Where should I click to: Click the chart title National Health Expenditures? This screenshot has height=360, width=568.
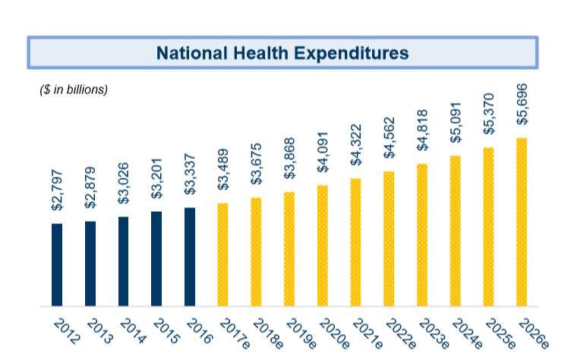coord(282,52)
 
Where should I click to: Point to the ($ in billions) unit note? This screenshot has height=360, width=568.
coord(74,90)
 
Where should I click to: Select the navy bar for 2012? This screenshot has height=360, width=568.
coord(57,265)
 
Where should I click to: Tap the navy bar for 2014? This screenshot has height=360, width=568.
coord(123,261)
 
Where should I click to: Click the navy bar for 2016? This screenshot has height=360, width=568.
coord(190,257)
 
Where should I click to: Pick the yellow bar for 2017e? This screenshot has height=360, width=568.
coord(222,254)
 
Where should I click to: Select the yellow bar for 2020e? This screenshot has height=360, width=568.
coord(323,245)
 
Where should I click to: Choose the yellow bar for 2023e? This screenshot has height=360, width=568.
coord(422,235)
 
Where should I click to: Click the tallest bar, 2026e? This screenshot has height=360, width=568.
coord(522,222)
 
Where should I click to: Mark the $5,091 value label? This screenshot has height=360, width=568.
coord(456,122)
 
